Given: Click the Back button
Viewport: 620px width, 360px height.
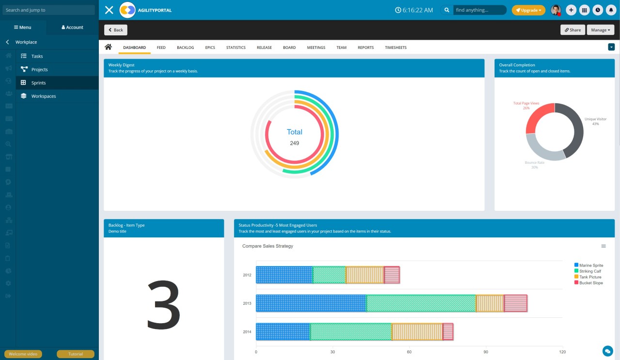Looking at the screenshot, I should pos(116,30).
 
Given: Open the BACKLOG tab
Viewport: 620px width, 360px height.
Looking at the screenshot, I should pos(185,47).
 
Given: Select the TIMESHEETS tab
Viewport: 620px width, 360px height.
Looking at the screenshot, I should pos(396,47).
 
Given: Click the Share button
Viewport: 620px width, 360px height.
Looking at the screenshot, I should pos(573,30).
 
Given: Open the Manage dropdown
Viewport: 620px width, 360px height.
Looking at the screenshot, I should pos(601,30).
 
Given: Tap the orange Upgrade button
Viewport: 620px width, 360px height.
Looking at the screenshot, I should pos(528,10).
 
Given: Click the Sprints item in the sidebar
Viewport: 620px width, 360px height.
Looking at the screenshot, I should pos(38,83).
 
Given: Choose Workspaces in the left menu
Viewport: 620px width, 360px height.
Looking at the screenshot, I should pos(44,96).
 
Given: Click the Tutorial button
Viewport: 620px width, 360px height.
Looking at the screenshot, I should pos(76,354).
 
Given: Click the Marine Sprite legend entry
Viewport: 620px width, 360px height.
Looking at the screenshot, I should pos(591,266).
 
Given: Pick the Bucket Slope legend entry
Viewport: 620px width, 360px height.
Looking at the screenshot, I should pos(591,283).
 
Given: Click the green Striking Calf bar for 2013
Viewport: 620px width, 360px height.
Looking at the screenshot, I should pos(421,303).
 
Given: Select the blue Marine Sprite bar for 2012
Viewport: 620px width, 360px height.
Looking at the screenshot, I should pos(284,275).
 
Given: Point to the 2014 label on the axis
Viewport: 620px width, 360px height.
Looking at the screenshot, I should pos(247,332).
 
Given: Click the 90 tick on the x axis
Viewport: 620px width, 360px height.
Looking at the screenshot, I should pos(486,352).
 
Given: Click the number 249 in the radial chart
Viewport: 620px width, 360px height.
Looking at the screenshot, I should pos(294,143).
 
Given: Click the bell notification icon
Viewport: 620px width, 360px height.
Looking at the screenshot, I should pos(611,10).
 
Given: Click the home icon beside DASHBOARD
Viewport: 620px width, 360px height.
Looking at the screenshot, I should pos(108,47).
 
